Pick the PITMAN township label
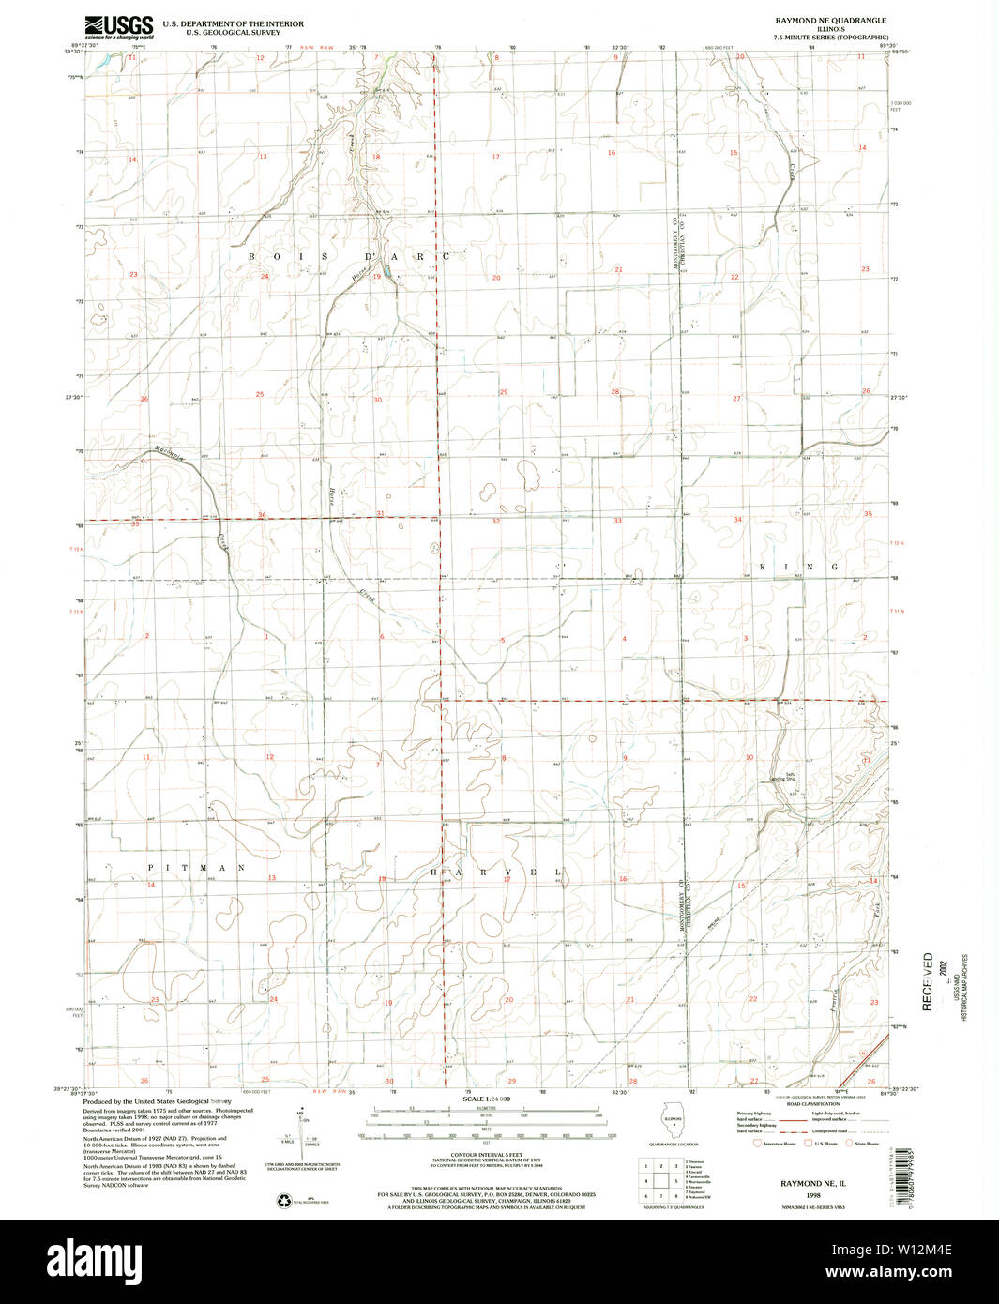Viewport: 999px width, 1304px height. pyautogui.click(x=196, y=869)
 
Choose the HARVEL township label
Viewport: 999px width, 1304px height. pyautogui.click(x=496, y=872)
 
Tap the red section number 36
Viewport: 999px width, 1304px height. pyautogui.click(x=262, y=515)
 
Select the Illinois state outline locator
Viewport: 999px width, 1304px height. pyautogui.click(x=673, y=1122)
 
